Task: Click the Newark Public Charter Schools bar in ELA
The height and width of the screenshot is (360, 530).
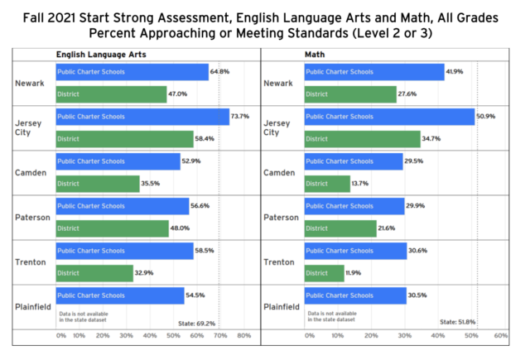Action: pyautogui.click(x=131, y=72)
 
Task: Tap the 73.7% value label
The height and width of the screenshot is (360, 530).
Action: pyautogui.click(x=240, y=117)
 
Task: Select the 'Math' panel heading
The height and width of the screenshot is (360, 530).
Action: pyautogui.click(x=315, y=54)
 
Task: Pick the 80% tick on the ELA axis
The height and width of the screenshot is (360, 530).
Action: pyautogui.click(x=243, y=335)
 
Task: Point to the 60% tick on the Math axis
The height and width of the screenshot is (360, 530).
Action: pyautogui.click(x=500, y=335)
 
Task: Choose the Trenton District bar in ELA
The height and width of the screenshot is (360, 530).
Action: pyautogui.click(x=94, y=272)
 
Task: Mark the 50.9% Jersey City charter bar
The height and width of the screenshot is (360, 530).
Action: pyautogui.click(x=388, y=117)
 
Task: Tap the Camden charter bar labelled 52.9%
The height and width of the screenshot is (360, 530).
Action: pyautogui.click(x=117, y=161)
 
